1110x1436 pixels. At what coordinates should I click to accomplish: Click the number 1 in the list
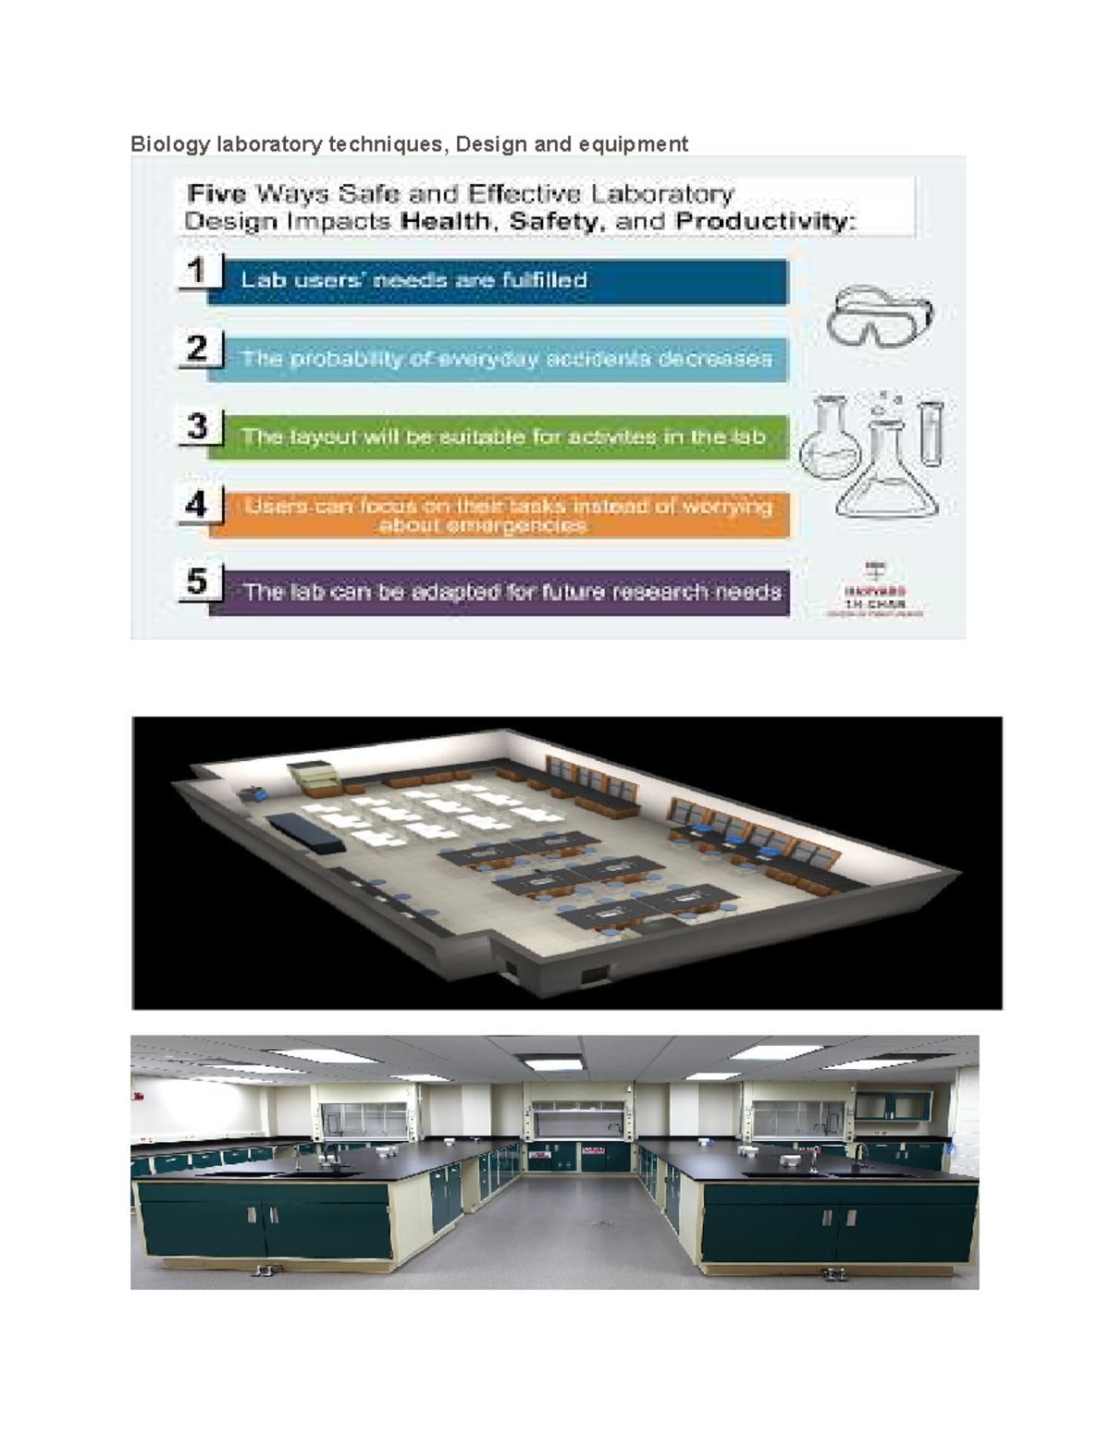tap(197, 271)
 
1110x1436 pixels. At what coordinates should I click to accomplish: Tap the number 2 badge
tap(197, 349)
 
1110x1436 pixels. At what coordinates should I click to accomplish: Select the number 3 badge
tap(197, 426)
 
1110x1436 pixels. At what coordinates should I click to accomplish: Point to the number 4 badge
tap(197, 505)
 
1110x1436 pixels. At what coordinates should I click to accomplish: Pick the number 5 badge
tap(197, 582)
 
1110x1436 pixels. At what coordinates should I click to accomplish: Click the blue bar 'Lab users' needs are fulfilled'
tap(499, 280)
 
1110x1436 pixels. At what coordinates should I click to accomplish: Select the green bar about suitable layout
tap(499, 437)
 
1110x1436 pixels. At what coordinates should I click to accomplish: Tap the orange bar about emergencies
tap(499, 516)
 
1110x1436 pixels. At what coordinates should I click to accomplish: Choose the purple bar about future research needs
tap(499, 592)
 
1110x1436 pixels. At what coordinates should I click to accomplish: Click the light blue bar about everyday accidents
tap(499, 359)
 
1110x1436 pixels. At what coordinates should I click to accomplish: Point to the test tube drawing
tap(931, 432)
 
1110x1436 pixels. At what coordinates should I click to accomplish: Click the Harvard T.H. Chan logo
tap(874, 593)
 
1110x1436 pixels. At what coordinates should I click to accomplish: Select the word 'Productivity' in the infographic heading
tap(765, 222)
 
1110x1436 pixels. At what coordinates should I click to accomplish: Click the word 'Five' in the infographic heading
tap(216, 194)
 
